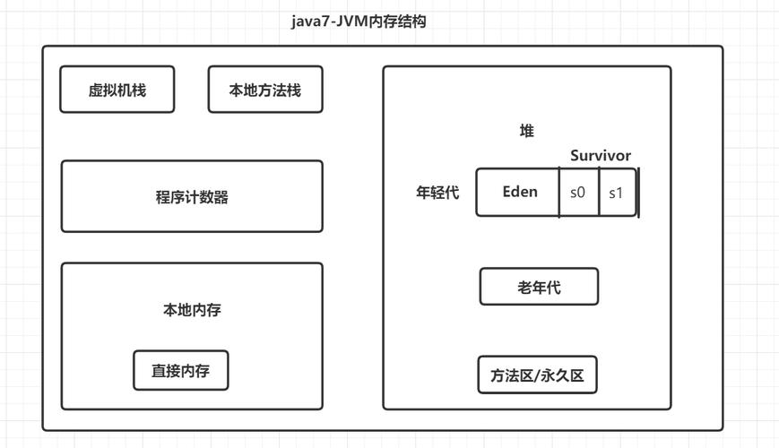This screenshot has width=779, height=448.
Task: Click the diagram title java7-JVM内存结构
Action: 359,22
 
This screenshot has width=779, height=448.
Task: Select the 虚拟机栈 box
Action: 117,90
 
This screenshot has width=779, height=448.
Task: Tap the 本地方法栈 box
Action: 264,90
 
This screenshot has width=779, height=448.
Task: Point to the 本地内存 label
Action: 192,310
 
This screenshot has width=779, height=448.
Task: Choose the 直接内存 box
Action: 181,370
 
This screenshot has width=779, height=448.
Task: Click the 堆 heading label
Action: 527,132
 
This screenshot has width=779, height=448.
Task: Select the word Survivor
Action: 601,156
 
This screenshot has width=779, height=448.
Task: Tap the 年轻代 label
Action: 437,193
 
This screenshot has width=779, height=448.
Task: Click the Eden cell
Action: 518,193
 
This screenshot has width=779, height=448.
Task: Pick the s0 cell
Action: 578,193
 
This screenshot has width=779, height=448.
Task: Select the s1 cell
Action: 616,193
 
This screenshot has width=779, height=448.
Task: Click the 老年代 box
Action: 539,288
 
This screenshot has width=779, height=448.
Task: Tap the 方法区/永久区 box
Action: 537,375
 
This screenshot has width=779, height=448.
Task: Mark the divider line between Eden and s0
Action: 559,193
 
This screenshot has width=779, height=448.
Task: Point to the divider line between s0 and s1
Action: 598,193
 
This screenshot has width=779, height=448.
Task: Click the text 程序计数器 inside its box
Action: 192,198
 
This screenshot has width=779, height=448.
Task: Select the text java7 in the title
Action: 308,22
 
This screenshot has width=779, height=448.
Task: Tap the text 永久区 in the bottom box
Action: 564,375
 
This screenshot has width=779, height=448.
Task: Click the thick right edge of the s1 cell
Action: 637,193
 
